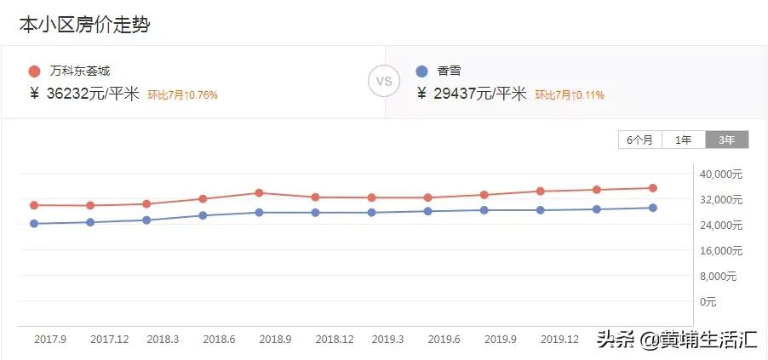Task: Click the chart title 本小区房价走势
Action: pyautogui.click(x=84, y=26)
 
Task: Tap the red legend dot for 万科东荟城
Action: pyautogui.click(x=34, y=71)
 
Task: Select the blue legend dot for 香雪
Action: pyautogui.click(x=422, y=71)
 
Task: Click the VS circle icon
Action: pyautogui.click(x=383, y=82)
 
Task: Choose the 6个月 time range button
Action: pyautogui.click(x=639, y=140)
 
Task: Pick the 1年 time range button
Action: pyautogui.click(x=683, y=140)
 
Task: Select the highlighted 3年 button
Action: pyautogui.click(x=726, y=140)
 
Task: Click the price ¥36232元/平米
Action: pyautogui.click(x=84, y=94)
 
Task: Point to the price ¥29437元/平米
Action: pyautogui.click(x=473, y=94)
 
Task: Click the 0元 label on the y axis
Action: pyautogui.click(x=709, y=302)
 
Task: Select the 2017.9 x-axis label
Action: pyautogui.click(x=50, y=339)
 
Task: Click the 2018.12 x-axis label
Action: pyautogui.click(x=335, y=339)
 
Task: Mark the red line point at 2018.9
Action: pyautogui.click(x=259, y=193)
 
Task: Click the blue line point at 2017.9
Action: pyautogui.click(x=34, y=224)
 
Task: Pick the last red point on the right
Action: pyautogui.click(x=653, y=188)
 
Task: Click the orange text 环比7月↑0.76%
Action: pyautogui.click(x=182, y=95)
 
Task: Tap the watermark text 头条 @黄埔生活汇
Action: pyautogui.click(x=676, y=340)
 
